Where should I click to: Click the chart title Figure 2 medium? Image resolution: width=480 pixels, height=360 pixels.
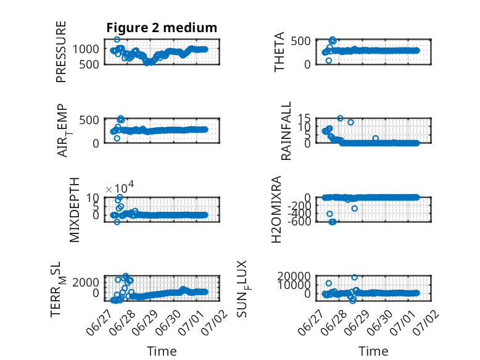click(162, 28)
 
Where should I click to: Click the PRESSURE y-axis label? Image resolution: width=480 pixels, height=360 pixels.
click(61, 52)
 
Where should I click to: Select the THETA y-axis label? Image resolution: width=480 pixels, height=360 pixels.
click(279, 52)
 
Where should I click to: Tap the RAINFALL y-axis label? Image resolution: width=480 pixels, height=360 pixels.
click(286, 131)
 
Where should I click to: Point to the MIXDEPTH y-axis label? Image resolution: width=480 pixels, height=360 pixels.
click(74, 210)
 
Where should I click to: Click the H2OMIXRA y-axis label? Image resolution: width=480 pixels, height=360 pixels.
click(276, 209)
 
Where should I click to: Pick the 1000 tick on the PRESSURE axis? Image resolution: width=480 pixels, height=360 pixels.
click(86, 49)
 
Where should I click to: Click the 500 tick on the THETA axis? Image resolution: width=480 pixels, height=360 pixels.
click(300, 41)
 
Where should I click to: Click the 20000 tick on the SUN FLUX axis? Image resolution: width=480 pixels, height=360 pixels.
click(294, 277)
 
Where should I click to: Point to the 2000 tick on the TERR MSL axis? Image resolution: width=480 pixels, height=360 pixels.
click(86, 282)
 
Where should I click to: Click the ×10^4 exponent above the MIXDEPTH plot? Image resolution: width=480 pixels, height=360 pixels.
click(120, 187)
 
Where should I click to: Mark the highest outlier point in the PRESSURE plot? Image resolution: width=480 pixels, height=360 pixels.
click(117, 40)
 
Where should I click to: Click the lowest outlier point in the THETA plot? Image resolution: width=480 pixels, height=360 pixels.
click(329, 61)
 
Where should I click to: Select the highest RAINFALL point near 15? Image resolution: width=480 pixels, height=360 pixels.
click(340, 119)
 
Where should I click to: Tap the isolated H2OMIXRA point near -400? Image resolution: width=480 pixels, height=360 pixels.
click(329, 214)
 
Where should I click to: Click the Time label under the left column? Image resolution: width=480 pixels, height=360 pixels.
click(162, 351)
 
